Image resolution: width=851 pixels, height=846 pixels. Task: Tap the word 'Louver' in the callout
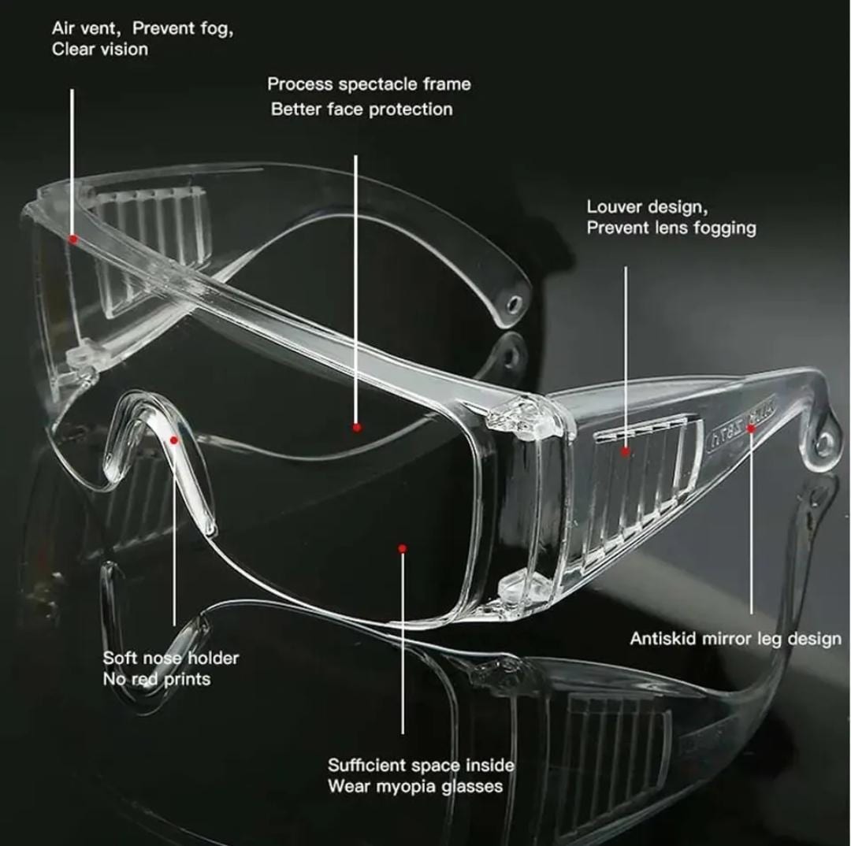(615, 206)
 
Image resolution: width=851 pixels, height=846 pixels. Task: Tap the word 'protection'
(411, 109)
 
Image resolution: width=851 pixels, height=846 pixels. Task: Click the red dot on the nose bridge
(174, 440)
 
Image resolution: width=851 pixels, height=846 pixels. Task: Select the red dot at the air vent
(73, 238)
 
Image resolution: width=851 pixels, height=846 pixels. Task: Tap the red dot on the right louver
(626, 451)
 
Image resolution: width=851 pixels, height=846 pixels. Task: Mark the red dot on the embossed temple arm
(751, 429)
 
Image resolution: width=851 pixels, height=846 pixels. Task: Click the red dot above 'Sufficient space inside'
(402, 548)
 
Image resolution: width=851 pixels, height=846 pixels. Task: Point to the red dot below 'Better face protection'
(357, 428)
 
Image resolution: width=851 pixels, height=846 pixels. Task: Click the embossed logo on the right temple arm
(742, 421)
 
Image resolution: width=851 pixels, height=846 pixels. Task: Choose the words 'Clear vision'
(100, 50)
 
